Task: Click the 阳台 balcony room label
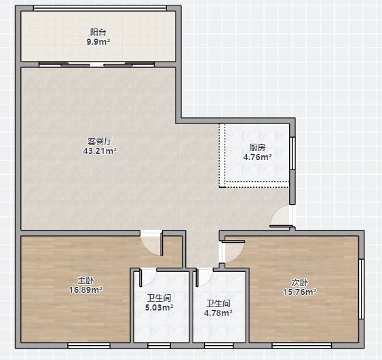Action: point(98,32)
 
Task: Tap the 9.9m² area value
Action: point(98,42)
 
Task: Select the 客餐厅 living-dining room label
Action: point(100,141)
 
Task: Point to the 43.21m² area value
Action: point(100,151)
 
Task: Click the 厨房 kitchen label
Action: point(257,148)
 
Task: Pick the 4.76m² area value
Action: point(257,157)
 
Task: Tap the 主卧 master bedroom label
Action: point(85,281)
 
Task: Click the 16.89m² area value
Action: point(85,290)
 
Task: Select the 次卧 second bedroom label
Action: point(300,282)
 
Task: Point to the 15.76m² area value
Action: point(300,292)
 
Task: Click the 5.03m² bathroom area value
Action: point(159,307)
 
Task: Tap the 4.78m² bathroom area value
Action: point(218,313)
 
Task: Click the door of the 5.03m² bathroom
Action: point(147,278)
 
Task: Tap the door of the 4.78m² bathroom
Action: point(204,277)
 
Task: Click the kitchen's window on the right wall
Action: point(292,153)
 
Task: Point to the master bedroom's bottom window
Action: point(89,345)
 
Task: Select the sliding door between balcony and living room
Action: point(97,64)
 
